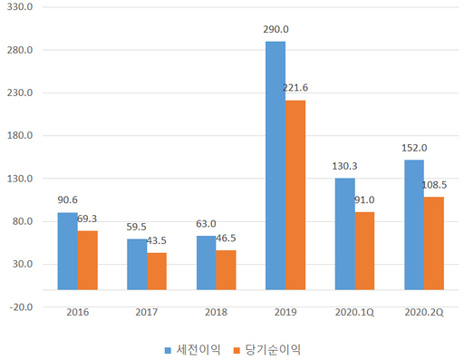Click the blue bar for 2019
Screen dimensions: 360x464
pyautogui.click(x=275, y=165)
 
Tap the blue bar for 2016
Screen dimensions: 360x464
pyautogui.click(x=68, y=251)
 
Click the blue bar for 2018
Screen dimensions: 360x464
pyautogui.click(x=207, y=263)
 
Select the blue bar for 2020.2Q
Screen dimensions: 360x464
pyautogui.click(x=414, y=225)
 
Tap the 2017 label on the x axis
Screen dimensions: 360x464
pyautogui.click(x=147, y=312)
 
